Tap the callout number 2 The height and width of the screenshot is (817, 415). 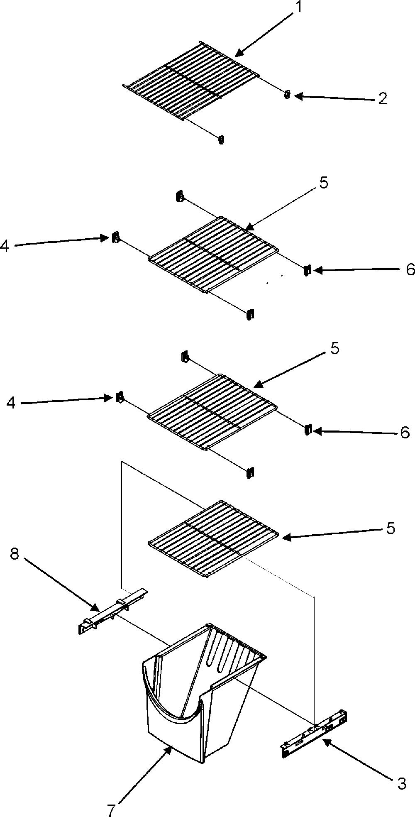tap(382, 98)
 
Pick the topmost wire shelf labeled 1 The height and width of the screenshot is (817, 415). tap(191, 81)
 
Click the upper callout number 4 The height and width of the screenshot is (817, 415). tap(4, 246)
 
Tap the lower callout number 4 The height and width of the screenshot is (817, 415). tap(11, 403)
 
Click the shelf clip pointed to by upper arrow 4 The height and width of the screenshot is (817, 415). tap(115, 237)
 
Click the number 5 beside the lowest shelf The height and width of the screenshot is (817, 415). tap(391, 528)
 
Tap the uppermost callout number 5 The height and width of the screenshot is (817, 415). tap(323, 183)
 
